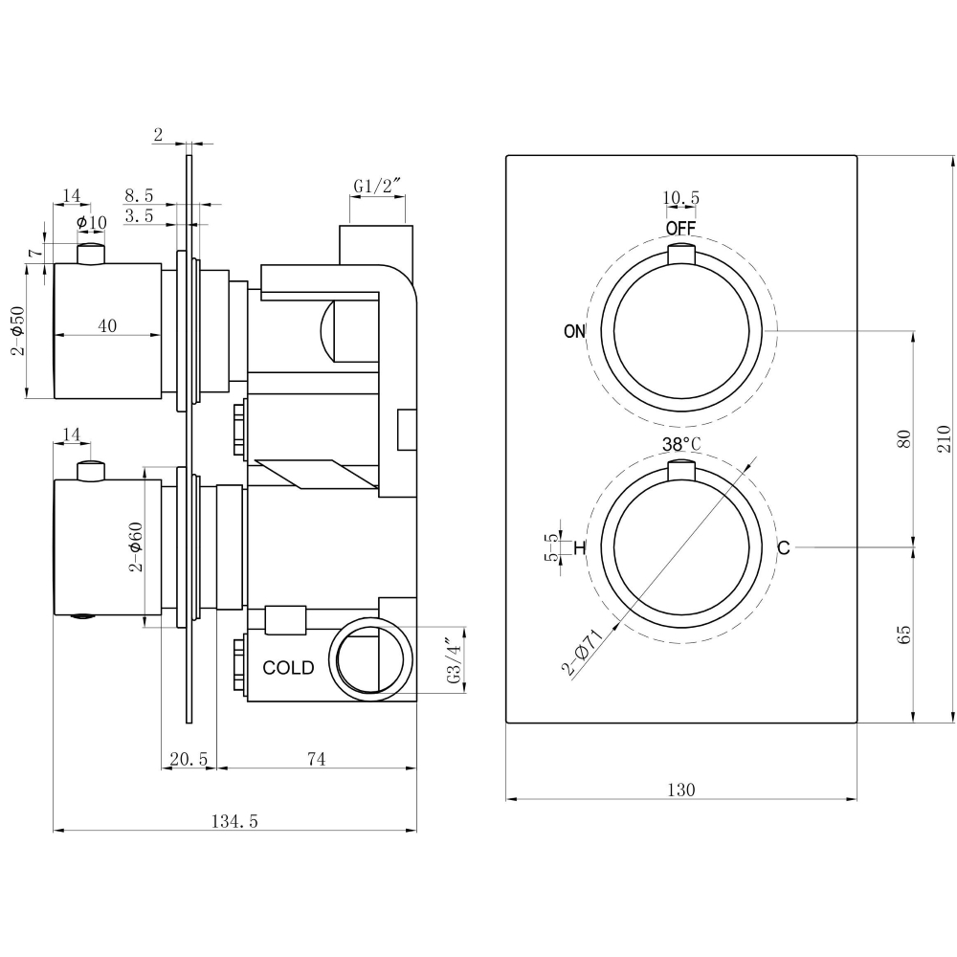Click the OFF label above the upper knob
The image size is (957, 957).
pyautogui.click(x=680, y=228)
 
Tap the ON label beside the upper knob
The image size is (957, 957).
pyautogui.click(x=574, y=332)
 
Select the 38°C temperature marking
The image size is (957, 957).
pyautogui.click(x=681, y=444)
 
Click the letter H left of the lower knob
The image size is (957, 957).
pyautogui.click(x=579, y=548)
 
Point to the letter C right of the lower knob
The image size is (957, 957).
pyautogui.click(x=783, y=548)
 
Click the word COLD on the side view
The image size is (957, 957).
pyautogui.click(x=288, y=668)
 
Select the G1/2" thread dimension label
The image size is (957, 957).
pyautogui.click(x=375, y=185)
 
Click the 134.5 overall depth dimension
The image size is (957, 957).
pyautogui.click(x=234, y=820)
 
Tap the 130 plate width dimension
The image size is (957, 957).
pyautogui.click(x=680, y=790)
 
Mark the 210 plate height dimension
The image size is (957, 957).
pyautogui.click(x=944, y=438)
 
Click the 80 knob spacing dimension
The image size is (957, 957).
pyautogui.click(x=902, y=439)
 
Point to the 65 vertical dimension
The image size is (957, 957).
pyautogui.click(x=902, y=634)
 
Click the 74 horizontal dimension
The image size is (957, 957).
pyautogui.click(x=317, y=759)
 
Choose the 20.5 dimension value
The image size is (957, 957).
pyautogui.click(x=188, y=759)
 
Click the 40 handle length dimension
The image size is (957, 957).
pyautogui.click(x=107, y=325)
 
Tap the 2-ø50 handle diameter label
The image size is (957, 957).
pyautogui.click(x=16, y=331)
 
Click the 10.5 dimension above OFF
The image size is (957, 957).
pyautogui.click(x=681, y=198)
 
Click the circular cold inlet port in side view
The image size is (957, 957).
pyautogui.click(x=371, y=659)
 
